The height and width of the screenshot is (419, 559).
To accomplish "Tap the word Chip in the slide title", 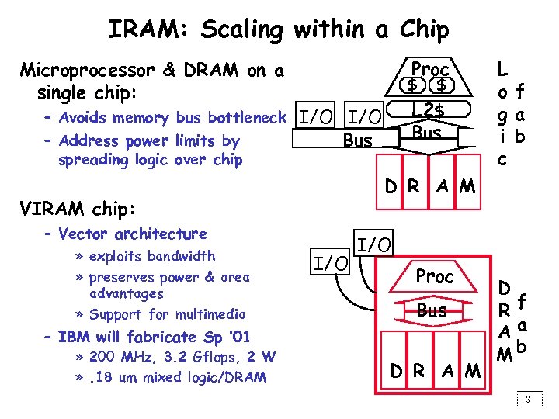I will [425, 29].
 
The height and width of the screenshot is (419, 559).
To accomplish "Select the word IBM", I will [75, 338].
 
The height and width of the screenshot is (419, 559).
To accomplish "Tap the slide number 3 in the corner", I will [527, 400].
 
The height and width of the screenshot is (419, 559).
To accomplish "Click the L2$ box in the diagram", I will [428, 110].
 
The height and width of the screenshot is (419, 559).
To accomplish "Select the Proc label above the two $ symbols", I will [430, 68].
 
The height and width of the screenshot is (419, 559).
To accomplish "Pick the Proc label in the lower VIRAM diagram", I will [435, 275].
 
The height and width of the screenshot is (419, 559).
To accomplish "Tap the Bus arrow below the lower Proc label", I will [432, 311].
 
